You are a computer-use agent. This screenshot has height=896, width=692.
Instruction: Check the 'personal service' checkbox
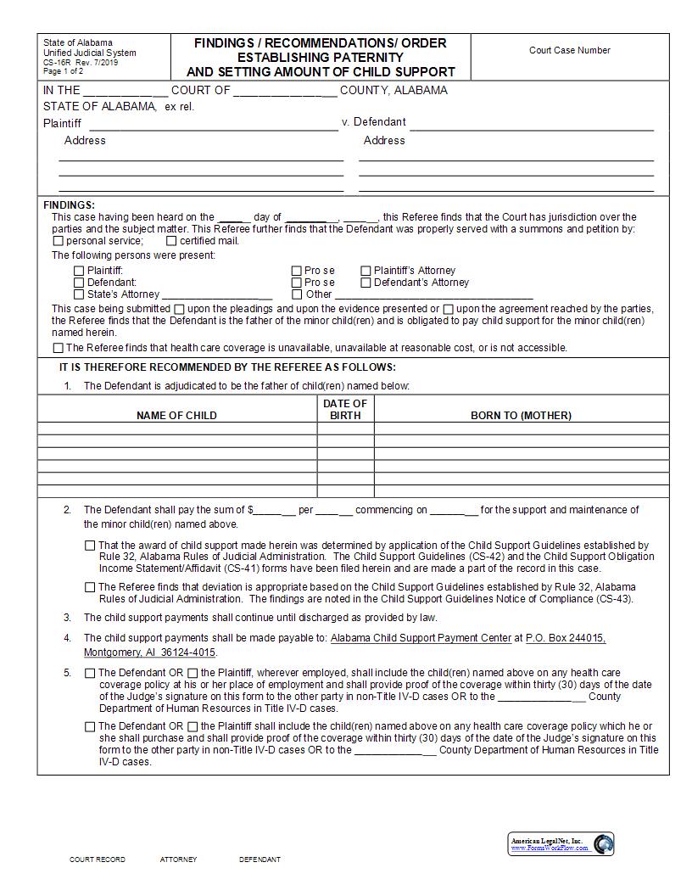click(58, 241)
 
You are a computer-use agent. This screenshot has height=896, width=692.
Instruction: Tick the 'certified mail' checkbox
click(171, 241)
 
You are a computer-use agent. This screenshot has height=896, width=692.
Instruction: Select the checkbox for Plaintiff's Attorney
click(366, 271)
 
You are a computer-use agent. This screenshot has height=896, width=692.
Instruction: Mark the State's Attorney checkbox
click(79, 294)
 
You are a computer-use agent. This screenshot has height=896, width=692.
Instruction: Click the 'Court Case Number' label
click(569, 50)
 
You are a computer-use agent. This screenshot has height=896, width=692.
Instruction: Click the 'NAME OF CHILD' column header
click(176, 416)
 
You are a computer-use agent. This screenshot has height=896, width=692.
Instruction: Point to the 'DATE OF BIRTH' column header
click(345, 409)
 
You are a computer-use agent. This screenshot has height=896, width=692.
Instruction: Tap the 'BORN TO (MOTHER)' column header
click(521, 416)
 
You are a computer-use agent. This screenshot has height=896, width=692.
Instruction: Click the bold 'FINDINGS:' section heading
click(69, 205)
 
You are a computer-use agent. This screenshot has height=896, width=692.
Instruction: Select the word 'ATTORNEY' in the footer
click(178, 860)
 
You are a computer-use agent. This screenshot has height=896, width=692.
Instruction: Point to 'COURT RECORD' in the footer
click(97, 860)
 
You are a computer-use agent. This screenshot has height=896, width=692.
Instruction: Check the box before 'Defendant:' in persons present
click(79, 283)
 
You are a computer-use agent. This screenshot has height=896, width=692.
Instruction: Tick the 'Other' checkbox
click(297, 294)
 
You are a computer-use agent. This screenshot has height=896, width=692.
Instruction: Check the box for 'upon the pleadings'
click(179, 309)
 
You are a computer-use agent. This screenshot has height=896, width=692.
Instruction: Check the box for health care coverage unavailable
click(58, 348)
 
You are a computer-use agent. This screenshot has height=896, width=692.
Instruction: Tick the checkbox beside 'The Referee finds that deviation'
click(90, 587)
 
